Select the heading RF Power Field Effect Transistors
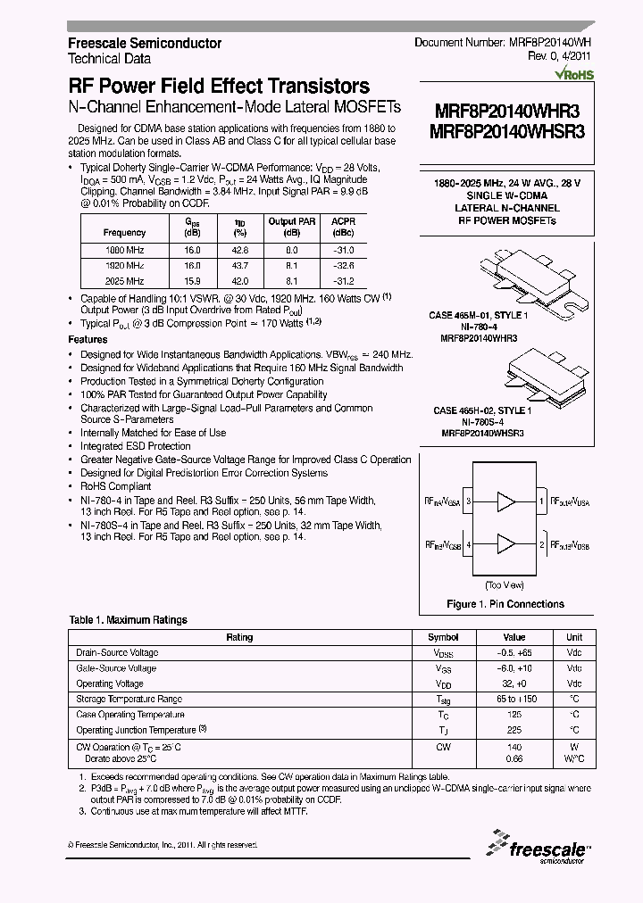(219, 87)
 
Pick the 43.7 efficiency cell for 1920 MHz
(238, 266)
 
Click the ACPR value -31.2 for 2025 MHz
(343, 280)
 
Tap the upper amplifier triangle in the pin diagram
(505, 501)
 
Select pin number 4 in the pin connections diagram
(468, 543)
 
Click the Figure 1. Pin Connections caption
(505, 604)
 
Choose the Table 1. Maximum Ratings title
(129, 619)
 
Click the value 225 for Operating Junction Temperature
(514, 730)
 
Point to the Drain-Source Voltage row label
(117, 653)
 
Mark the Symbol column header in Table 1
(443, 637)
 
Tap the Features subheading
(88, 340)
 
